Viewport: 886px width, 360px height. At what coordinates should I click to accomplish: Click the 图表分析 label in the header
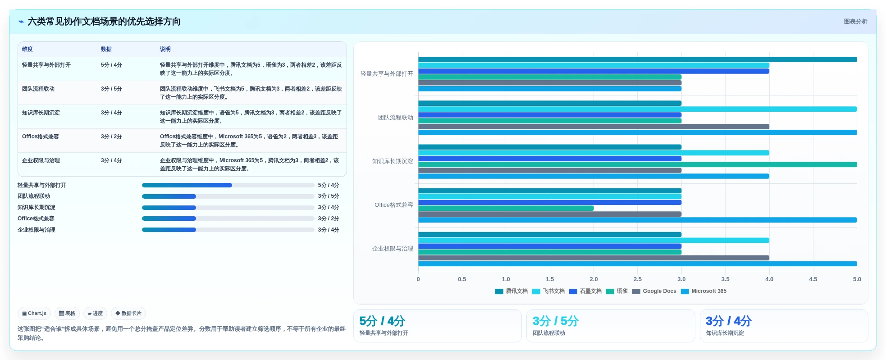855,22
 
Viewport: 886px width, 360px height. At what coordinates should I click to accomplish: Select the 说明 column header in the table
165,49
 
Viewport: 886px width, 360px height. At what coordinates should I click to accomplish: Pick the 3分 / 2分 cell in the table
111,137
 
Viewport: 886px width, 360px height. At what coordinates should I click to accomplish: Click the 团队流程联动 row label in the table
38,89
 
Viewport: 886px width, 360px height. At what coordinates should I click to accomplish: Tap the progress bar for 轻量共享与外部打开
228,185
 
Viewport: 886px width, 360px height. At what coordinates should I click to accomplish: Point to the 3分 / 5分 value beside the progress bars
329,196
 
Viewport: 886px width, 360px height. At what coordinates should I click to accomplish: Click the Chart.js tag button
34,313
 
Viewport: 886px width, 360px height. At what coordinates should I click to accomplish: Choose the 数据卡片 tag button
128,313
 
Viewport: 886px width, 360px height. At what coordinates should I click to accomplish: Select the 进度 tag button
95,313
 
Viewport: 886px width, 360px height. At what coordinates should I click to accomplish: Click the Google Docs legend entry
654,291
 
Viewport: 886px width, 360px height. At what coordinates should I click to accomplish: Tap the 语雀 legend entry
617,291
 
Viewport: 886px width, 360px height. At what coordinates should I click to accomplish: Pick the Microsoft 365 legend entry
704,291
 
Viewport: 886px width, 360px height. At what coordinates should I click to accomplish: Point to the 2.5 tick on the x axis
638,279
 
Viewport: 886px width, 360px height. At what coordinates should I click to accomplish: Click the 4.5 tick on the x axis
813,279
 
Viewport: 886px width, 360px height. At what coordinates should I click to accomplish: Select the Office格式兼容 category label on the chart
394,205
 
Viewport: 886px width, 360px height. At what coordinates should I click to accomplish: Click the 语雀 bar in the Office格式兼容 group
506,208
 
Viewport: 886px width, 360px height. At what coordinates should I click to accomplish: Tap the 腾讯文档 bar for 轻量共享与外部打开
638,59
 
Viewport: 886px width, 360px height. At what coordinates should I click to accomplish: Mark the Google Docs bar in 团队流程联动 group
594,127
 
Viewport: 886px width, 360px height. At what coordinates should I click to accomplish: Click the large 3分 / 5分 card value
556,321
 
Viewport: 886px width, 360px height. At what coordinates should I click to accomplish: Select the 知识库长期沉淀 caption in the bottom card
725,333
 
